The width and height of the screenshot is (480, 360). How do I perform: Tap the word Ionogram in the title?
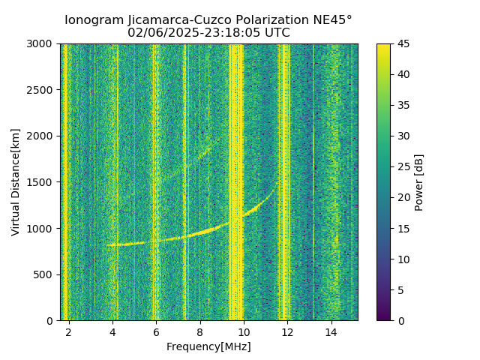pyautogui.click(x=94, y=20)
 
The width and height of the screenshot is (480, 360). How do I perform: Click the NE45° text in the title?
pyautogui.click(x=328, y=20)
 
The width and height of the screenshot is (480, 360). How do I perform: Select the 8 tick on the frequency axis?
pyautogui.click(x=200, y=332)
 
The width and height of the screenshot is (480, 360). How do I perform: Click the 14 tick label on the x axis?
pyautogui.click(x=331, y=332)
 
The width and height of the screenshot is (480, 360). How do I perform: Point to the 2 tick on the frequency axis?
pyautogui.click(x=69, y=332)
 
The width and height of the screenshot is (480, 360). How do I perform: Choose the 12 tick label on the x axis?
pyautogui.click(x=287, y=332)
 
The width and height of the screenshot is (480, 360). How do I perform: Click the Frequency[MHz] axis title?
pyautogui.click(x=208, y=346)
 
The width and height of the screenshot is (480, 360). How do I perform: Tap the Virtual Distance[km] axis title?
pyautogui.click(x=16, y=182)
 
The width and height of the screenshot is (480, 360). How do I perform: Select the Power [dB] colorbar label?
pyautogui.click(x=419, y=182)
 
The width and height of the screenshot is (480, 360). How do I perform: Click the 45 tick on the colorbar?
pyautogui.click(x=403, y=44)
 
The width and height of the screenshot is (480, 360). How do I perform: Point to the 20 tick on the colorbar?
pyautogui.click(x=403, y=197)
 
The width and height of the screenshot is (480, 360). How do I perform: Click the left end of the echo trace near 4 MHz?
pyautogui.click(x=107, y=245)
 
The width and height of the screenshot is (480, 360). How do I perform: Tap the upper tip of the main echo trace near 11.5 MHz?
pyautogui.click(x=277, y=182)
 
